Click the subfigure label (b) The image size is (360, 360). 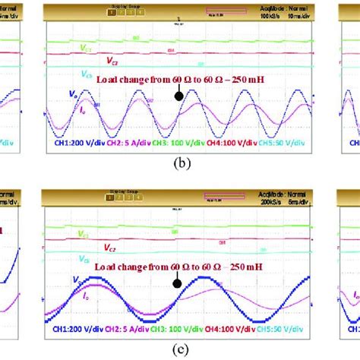click(x=180, y=163)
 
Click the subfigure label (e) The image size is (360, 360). click(x=180, y=349)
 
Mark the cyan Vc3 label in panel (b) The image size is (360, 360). click(x=85, y=74)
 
